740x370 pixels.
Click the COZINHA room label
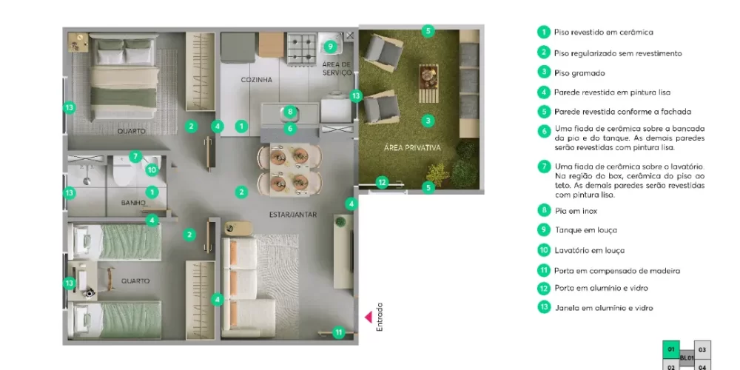257,79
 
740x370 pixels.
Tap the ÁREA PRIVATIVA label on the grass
412,148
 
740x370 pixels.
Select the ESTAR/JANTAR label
294,215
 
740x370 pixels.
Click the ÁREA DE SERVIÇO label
336,69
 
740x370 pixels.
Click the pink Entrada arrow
367,317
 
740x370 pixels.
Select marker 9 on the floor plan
331,47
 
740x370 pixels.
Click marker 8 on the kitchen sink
290,112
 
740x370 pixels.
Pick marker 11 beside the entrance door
338,332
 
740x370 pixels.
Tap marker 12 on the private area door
382,181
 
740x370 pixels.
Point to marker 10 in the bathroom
151,169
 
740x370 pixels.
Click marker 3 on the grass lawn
428,120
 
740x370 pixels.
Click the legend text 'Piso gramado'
579,73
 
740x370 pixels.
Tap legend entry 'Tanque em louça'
585,230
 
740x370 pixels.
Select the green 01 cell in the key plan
670,349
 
